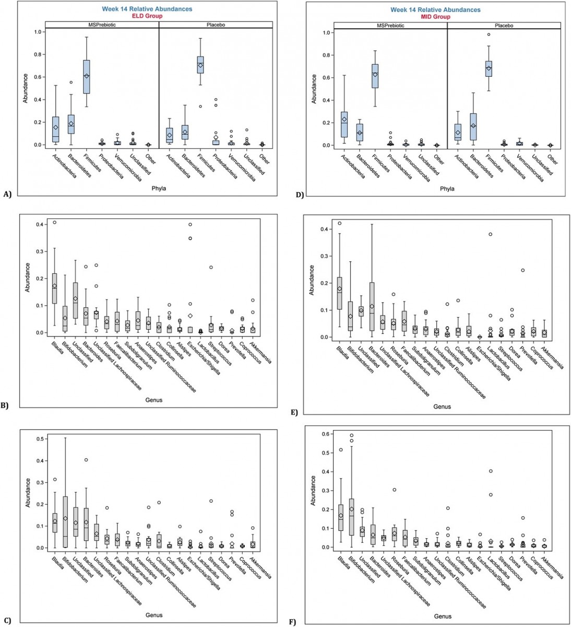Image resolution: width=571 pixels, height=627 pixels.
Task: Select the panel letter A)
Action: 7,194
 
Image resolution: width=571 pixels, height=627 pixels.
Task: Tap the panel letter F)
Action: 292,622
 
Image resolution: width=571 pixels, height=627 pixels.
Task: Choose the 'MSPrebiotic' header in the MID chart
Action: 390,25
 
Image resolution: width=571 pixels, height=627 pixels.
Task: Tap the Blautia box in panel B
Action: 54,287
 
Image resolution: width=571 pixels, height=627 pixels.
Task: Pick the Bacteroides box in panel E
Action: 372,306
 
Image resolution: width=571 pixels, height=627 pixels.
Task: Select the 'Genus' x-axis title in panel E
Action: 442,406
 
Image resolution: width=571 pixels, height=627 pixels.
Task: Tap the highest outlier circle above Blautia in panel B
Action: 54,222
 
